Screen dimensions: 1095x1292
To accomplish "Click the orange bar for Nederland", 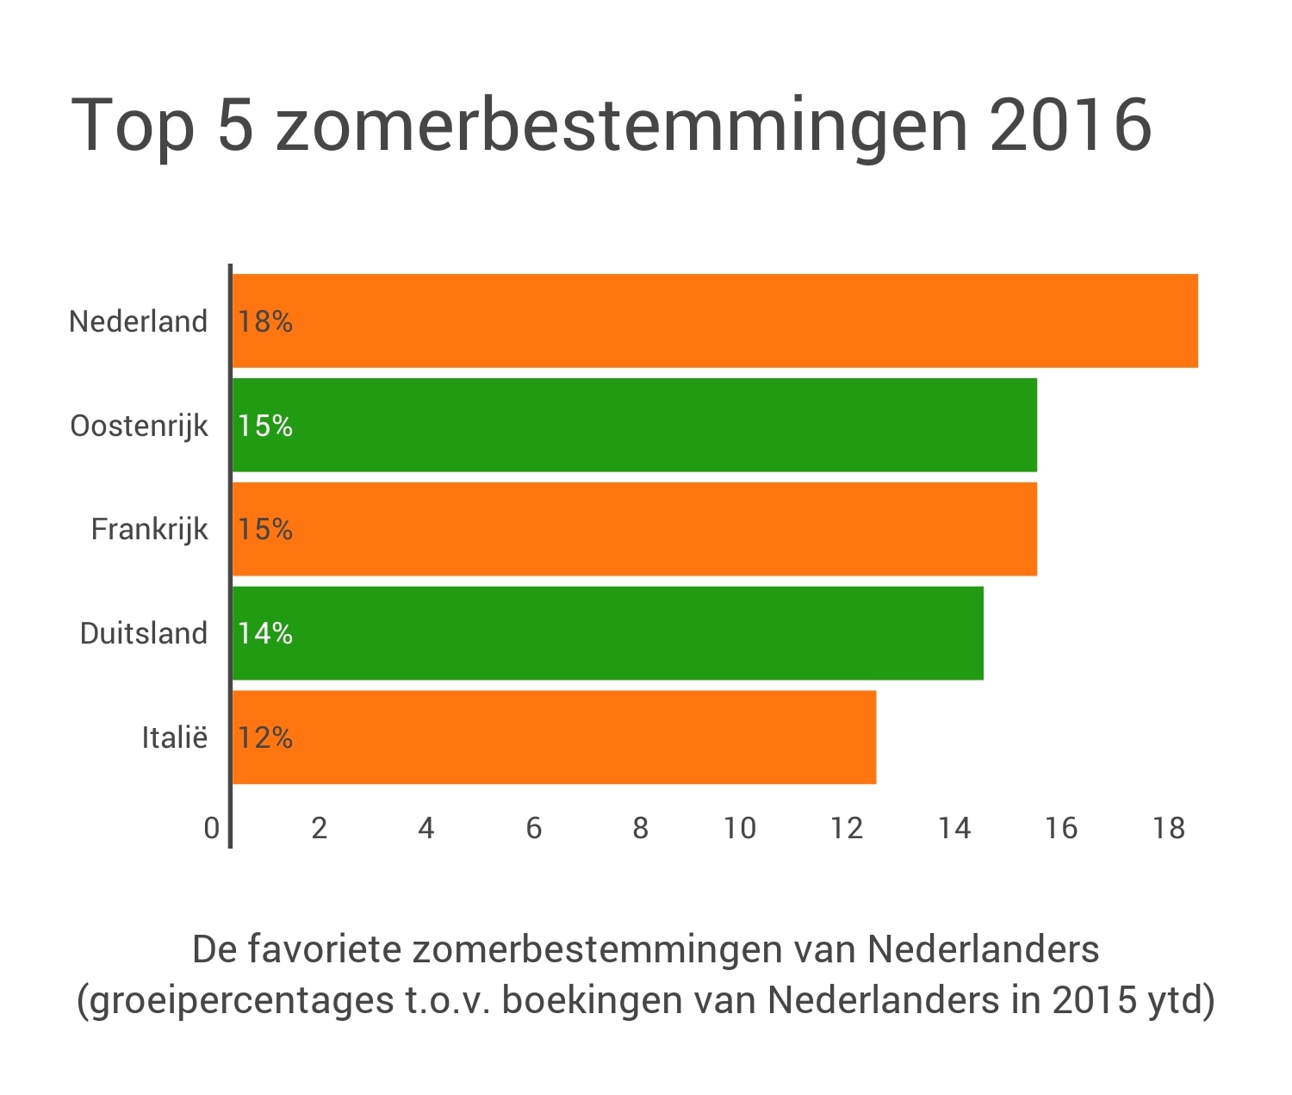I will [715, 321].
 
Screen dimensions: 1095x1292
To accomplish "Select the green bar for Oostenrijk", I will [635, 426].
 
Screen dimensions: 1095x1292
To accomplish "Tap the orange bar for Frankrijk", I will [635, 529].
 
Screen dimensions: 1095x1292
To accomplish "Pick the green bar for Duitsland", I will [608, 633].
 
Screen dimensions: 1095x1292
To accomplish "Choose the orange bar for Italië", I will [555, 737].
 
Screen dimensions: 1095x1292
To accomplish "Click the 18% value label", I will [265, 322].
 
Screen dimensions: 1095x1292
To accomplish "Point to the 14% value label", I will [265, 634].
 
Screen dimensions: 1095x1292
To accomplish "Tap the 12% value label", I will [265, 738].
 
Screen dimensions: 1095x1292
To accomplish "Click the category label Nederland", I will [139, 321].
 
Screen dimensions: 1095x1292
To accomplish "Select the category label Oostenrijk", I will [140, 426].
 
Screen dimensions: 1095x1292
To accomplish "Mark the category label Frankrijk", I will [150, 529].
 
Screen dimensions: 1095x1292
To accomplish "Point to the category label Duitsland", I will [144, 633].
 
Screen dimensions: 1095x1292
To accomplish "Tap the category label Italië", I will [175, 737].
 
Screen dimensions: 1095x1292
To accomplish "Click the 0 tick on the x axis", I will [212, 828].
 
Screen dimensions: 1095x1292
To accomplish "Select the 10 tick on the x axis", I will [740, 828].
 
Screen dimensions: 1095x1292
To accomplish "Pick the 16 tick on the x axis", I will [1061, 828].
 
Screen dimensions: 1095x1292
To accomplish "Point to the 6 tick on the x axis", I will [534, 828].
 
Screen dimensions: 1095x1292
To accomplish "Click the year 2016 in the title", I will [1071, 125].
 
